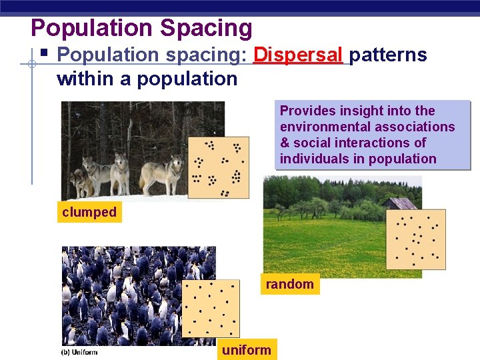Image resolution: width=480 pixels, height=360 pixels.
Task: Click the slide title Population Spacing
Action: point(141,28)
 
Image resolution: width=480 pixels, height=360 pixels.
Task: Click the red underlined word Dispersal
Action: point(298,55)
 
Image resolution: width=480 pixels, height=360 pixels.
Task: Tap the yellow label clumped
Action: point(89,213)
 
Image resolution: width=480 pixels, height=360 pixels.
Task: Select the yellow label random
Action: point(289,285)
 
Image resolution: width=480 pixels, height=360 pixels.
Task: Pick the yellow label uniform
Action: point(247,350)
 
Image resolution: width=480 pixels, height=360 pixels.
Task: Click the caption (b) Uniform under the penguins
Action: point(79,352)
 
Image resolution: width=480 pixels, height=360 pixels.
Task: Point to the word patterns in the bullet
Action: point(388,55)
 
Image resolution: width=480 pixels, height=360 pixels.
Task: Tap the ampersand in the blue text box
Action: point(285,143)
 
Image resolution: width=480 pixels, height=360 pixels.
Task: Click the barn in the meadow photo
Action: point(399,203)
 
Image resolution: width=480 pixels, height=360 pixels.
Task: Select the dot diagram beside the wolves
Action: point(218,167)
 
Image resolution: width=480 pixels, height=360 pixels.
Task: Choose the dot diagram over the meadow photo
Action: point(417,239)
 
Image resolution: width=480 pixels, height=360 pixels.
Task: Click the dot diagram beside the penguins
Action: point(211,308)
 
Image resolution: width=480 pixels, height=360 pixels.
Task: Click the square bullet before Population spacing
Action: point(44,53)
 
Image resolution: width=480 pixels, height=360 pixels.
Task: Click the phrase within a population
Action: point(147,79)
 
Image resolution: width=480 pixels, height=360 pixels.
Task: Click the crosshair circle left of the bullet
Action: point(31,64)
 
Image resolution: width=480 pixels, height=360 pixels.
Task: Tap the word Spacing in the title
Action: point(205,28)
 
